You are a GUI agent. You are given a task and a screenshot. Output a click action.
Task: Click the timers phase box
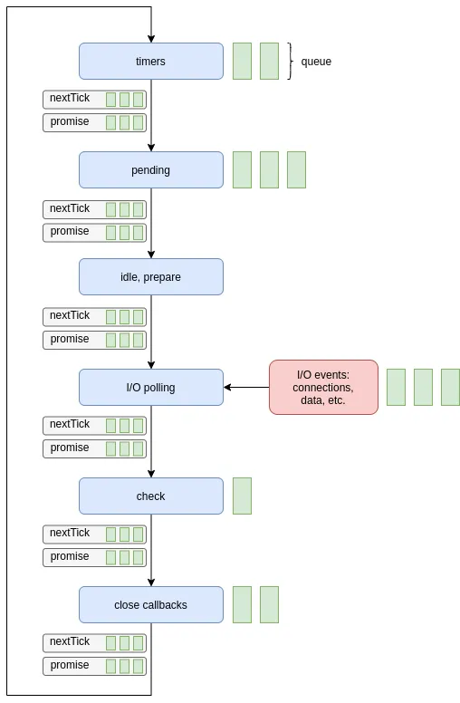(x=150, y=62)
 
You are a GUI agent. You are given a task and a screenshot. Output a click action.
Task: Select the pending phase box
(x=150, y=170)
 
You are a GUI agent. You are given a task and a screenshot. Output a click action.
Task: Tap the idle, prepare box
(x=150, y=277)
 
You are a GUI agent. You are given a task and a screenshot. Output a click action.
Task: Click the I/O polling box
(x=150, y=388)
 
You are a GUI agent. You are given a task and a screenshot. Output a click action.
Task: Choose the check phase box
(x=150, y=496)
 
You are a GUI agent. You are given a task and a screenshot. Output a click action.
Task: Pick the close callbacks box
(x=150, y=605)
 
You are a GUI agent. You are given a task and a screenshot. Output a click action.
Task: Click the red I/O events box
(x=323, y=388)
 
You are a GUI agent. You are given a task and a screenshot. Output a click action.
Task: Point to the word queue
(x=316, y=62)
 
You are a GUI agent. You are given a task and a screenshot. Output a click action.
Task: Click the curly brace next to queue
(x=291, y=62)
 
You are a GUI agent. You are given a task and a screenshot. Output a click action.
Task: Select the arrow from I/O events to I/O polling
(x=246, y=388)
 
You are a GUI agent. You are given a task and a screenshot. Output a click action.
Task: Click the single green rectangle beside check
(x=242, y=496)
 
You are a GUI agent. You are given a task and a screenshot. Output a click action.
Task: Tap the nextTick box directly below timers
(x=94, y=99)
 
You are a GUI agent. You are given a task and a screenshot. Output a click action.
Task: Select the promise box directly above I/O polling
(x=94, y=340)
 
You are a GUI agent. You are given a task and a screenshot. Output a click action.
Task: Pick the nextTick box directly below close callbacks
(x=94, y=642)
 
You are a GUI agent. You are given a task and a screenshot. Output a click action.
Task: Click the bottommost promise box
(x=94, y=666)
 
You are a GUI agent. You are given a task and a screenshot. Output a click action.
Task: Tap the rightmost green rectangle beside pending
(x=296, y=170)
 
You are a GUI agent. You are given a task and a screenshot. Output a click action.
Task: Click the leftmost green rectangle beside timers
(x=242, y=62)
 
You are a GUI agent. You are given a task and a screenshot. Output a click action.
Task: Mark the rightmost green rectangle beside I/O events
(x=450, y=388)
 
